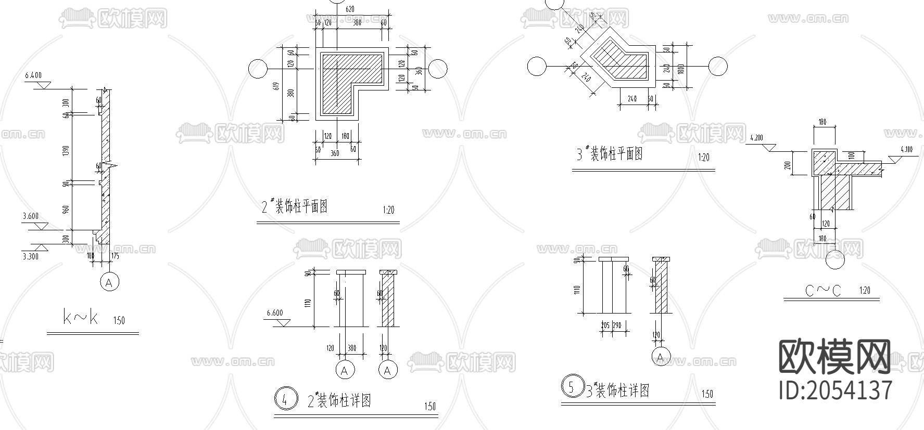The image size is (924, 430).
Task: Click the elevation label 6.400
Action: [33, 76]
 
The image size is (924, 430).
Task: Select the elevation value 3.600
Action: [31, 216]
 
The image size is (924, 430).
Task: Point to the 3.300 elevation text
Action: [31, 256]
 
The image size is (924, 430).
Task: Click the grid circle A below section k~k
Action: [109, 282]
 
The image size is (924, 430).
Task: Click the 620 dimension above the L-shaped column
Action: [349, 9]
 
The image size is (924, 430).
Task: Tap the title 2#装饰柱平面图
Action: [295, 206]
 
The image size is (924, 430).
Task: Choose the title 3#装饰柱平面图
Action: [609, 154]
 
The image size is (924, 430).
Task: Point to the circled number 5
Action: [572, 387]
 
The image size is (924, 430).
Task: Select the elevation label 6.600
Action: [275, 313]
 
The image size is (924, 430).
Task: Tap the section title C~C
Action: [823, 291]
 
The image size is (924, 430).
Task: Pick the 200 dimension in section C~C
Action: [788, 164]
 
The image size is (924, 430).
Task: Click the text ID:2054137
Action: [836, 390]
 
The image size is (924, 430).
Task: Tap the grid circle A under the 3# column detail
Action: [661, 357]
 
